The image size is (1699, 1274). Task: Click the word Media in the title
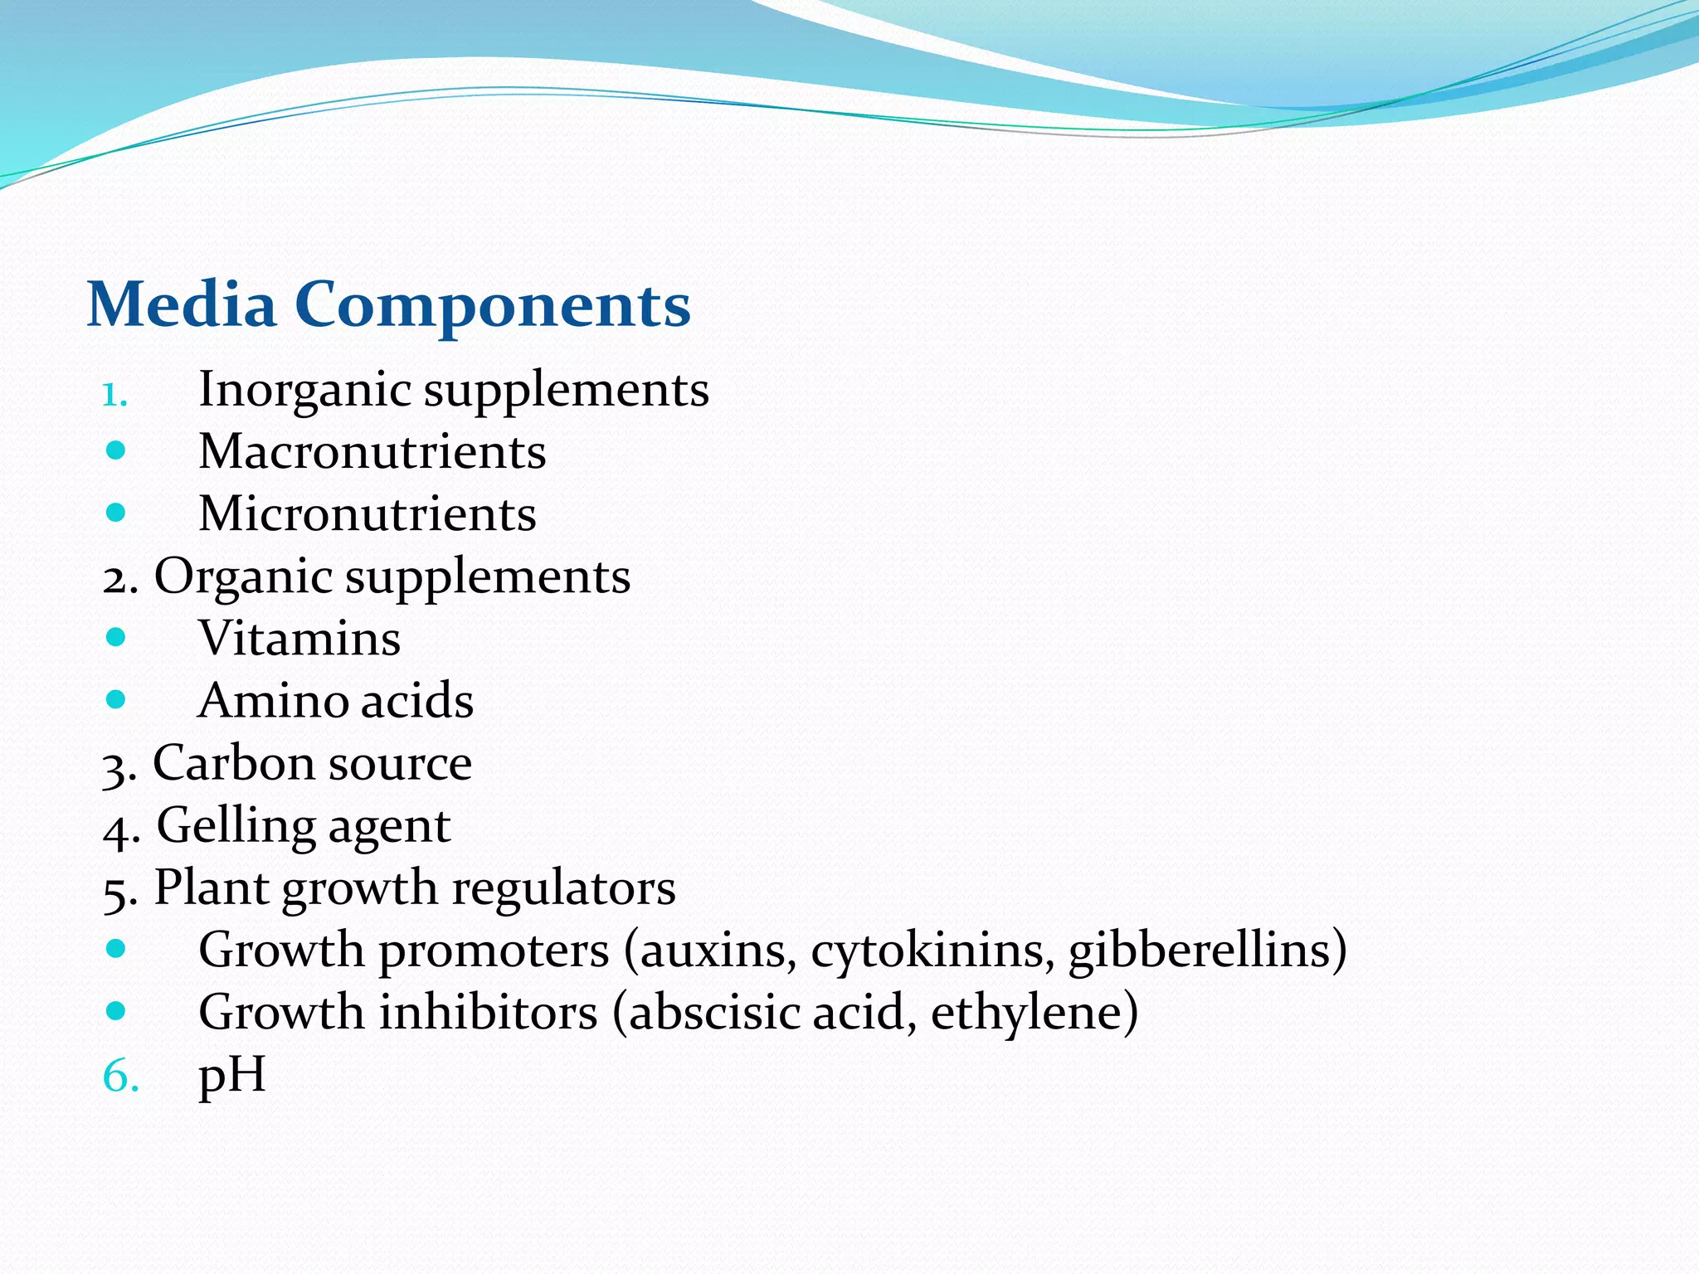point(181,304)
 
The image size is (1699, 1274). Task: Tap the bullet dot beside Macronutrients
point(116,451)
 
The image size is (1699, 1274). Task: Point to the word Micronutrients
point(368,513)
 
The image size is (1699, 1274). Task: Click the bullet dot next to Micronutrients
point(116,513)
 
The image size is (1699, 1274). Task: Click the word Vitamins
point(299,638)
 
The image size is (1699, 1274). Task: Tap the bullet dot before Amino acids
point(116,700)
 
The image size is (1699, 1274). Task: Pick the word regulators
point(563,888)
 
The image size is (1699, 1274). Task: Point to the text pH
point(232,1076)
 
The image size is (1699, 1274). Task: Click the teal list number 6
point(119,1077)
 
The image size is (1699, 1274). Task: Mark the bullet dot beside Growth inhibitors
point(116,1011)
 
